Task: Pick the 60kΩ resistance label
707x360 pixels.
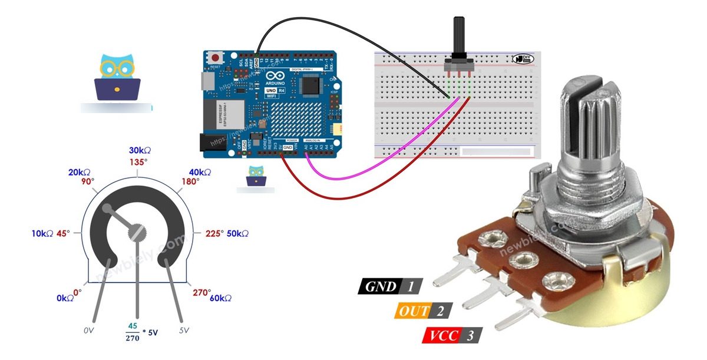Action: pyautogui.click(x=220, y=298)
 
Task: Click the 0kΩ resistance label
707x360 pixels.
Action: pyautogui.click(x=65, y=298)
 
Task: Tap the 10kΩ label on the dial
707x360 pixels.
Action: pyautogui.click(x=43, y=234)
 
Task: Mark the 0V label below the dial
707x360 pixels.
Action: pyautogui.click(x=89, y=331)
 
